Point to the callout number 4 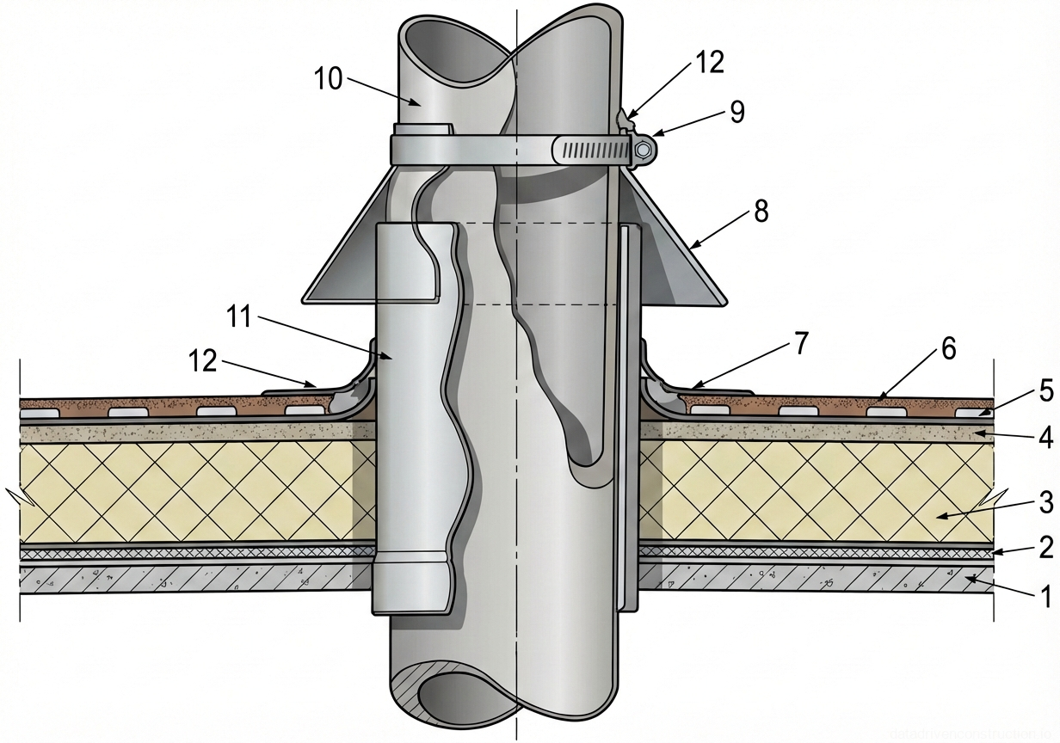[x=1045, y=438]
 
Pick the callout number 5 [x=1045, y=392]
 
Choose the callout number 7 [x=800, y=344]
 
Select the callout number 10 [x=329, y=80]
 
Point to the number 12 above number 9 [x=710, y=62]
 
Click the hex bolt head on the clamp [x=644, y=151]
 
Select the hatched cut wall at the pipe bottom [x=413, y=688]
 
